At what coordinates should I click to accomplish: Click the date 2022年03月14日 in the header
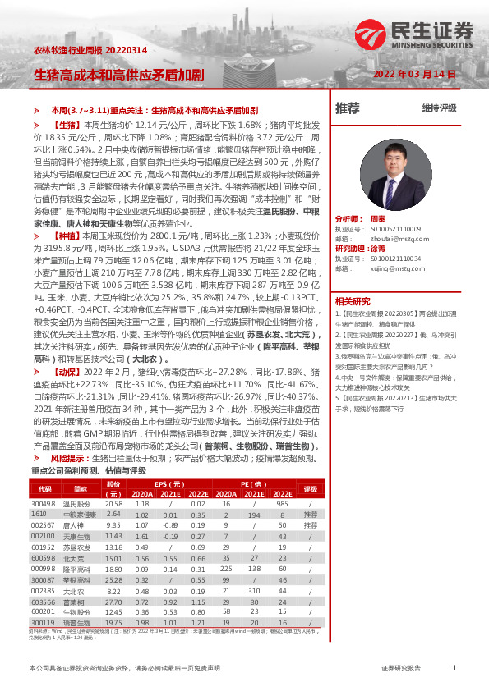(x=414, y=73)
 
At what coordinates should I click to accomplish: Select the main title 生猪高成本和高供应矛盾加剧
(x=118, y=74)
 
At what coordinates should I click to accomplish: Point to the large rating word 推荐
(x=348, y=108)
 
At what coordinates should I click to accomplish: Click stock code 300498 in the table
(x=43, y=502)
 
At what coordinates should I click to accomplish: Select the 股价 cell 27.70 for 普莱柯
(x=114, y=602)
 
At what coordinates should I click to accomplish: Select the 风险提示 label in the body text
(x=70, y=458)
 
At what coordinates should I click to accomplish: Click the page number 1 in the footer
(x=454, y=668)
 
